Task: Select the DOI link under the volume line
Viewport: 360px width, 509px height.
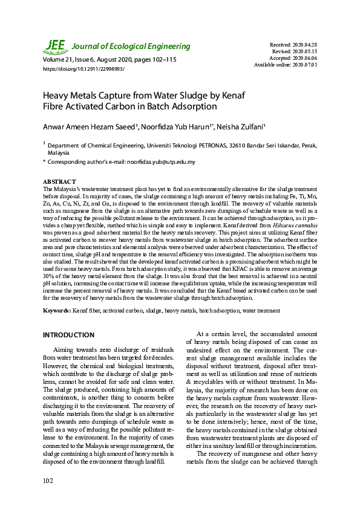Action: coord(83,69)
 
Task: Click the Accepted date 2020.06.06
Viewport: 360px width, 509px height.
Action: coord(304,59)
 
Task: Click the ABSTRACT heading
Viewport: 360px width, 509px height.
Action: coord(59,181)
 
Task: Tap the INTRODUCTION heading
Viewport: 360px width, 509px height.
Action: coord(68,335)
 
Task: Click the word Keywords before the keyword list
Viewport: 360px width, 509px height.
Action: coord(56,311)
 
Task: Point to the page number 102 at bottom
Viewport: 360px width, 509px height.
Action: coord(48,480)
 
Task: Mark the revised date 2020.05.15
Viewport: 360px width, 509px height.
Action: coord(304,52)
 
